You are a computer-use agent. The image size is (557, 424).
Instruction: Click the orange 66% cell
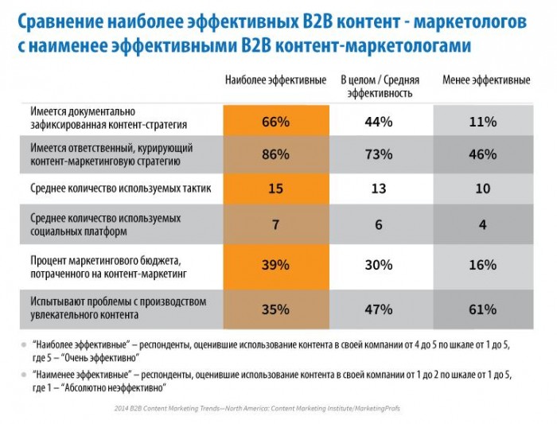(x=276, y=120)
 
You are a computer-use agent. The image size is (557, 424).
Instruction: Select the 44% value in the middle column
(x=379, y=123)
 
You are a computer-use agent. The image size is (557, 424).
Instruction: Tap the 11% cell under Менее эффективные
(x=483, y=120)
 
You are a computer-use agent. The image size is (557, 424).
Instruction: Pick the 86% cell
(x=276, y=154)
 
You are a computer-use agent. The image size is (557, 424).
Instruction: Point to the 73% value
(x=379, y=154)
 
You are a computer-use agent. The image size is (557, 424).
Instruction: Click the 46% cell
(x=483, y=154)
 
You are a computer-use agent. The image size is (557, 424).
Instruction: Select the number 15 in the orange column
(x=275, y=189)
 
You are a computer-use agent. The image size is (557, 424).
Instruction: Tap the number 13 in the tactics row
(x=379, y=189)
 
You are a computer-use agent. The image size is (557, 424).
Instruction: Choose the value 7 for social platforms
(x=275, y=224)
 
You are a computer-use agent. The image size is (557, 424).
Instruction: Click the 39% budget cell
(x=276, y=266)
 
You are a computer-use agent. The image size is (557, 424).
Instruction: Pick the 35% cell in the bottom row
(x=276, y=309)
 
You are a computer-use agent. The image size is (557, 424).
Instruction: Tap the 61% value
(x=483, y=309)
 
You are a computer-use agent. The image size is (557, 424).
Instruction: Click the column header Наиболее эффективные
(x=275, y=80)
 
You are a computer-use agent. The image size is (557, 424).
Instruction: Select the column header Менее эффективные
(x=486, y=80)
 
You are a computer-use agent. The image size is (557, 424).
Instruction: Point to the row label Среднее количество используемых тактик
(x=121, y=188)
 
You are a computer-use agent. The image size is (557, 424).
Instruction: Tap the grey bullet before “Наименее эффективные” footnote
(x=24, y=375)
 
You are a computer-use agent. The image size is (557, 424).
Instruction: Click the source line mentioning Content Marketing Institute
(x=257, y=408)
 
